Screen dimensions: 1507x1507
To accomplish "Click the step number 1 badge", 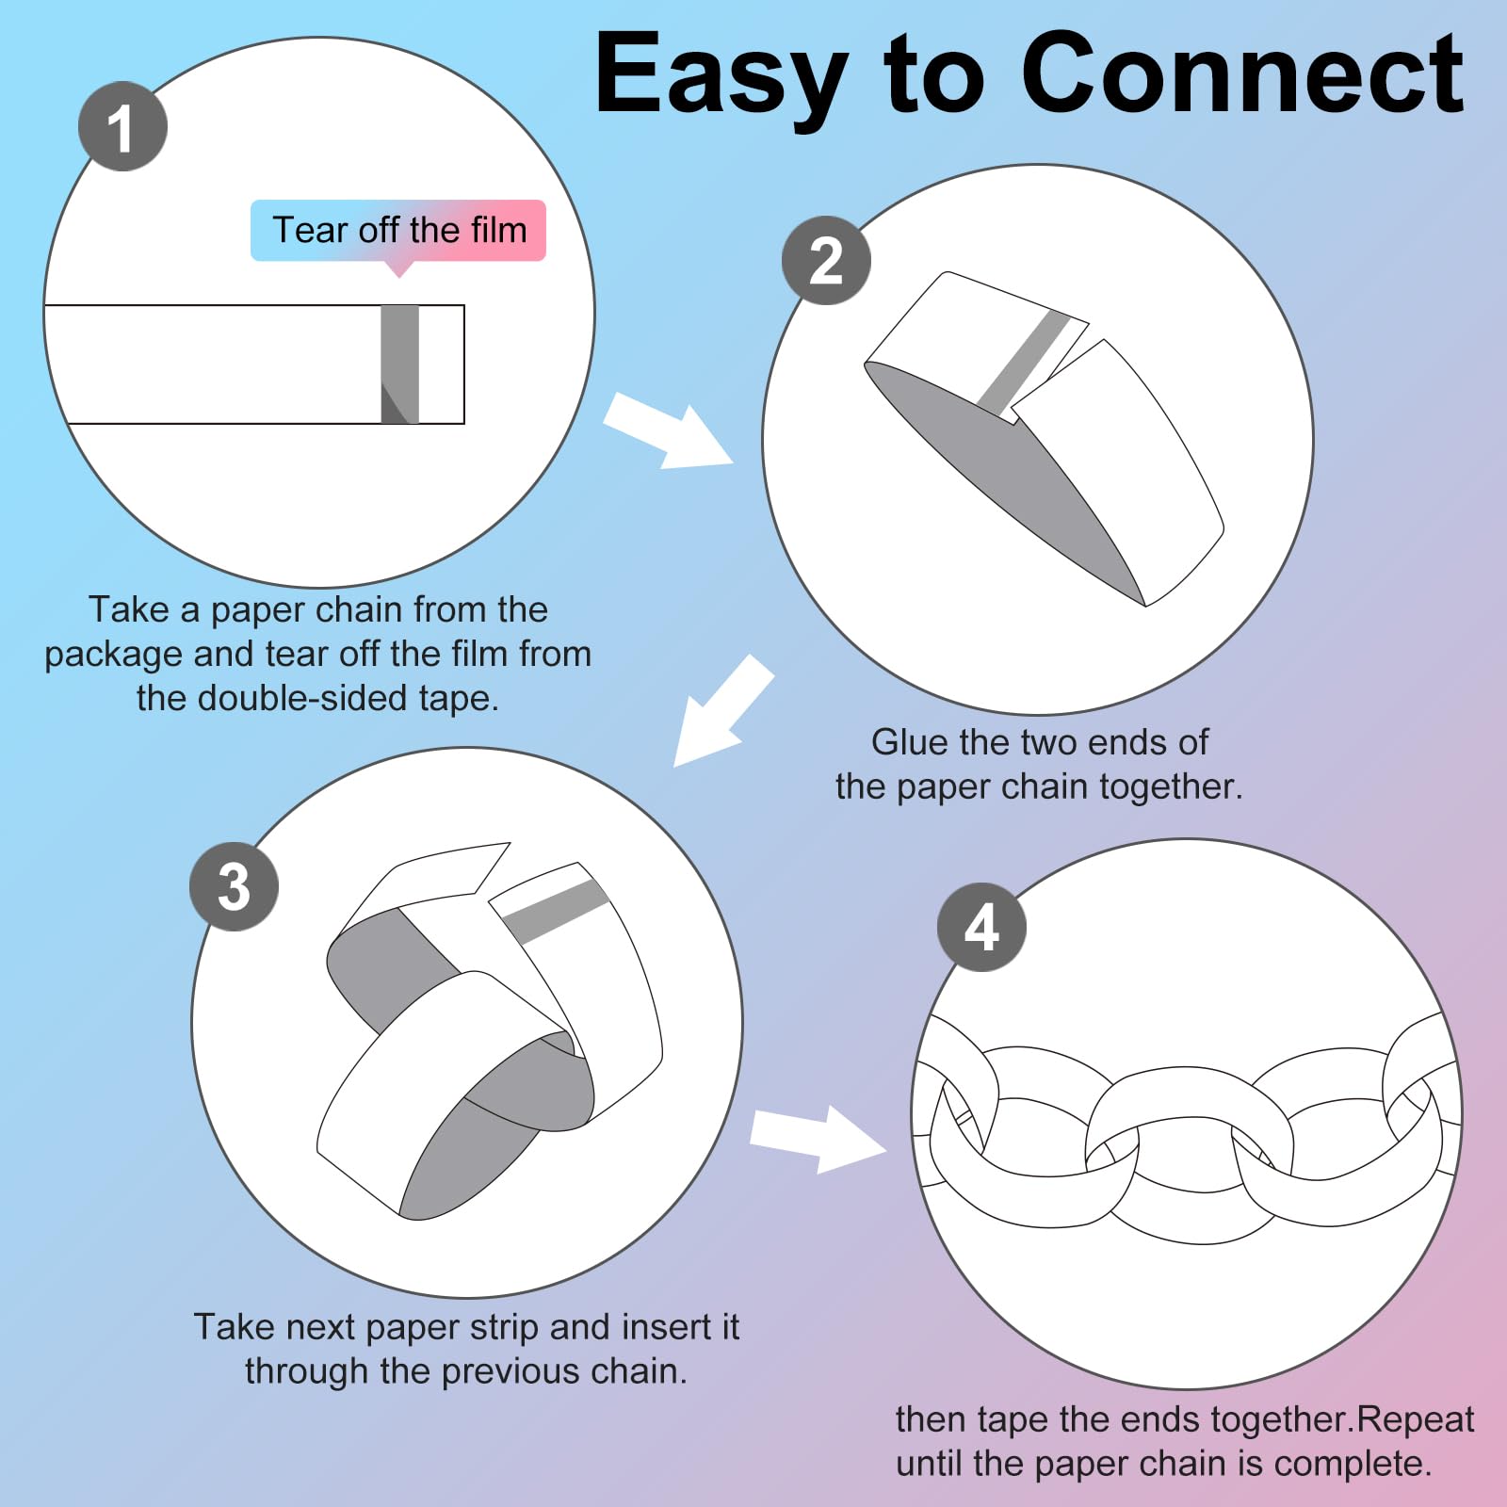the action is tap(122, 126).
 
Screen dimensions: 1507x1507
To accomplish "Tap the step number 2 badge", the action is tap(826, 261).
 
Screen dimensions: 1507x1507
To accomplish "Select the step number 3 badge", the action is tap(234, 886).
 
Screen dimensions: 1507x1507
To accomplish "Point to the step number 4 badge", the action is tap(981, 927).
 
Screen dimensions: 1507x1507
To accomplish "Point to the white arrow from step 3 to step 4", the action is tap(818, 1139).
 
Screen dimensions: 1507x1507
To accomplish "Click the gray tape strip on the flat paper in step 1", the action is tap(400, 365).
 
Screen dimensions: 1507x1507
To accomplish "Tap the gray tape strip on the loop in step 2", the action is tap(1022, 361).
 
